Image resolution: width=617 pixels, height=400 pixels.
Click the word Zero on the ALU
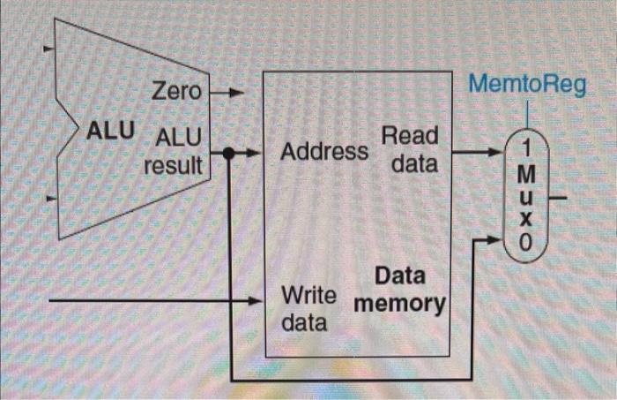click(x=177, y=91)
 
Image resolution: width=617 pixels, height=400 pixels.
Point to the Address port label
click(x=323, y=151)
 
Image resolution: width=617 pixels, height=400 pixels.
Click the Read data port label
click(x=409, y=150)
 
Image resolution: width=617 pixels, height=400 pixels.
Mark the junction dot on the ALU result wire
click(x=228, y=154)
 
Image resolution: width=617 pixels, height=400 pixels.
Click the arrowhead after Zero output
click(x=234, y=91)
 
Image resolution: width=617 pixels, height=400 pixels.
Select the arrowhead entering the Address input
click(x=257, y=154)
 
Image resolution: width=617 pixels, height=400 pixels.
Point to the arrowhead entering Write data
click(x=256, y=301)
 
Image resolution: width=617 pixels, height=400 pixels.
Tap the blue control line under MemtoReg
click(x=526, y=114)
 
